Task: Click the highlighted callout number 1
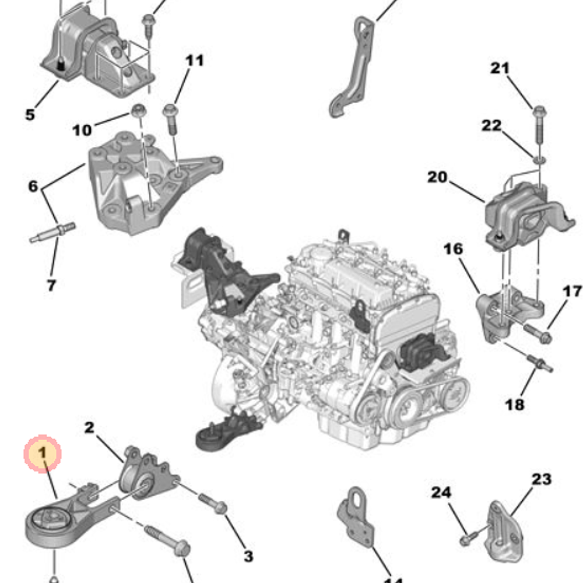[x=42, y=453]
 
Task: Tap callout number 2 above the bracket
[x=89, y=428]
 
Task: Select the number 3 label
[x=248, y=556]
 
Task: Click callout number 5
[x=30, y=114]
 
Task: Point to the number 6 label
[x=33, y=187]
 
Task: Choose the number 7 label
[x=51, y=285]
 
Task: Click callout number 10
[x=82, y=129]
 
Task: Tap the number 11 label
[x=195, y=61]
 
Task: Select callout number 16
[x=452, y=250]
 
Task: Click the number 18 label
[x=515, y=403]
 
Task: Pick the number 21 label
[x=500, y=68]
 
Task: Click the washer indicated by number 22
[x=539, y=159]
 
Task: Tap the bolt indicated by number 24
[x=466, y=540]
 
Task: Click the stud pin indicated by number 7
[x=51, y=232]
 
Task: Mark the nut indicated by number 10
[x=139, y=110]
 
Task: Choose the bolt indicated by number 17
[x=538, y=334]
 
